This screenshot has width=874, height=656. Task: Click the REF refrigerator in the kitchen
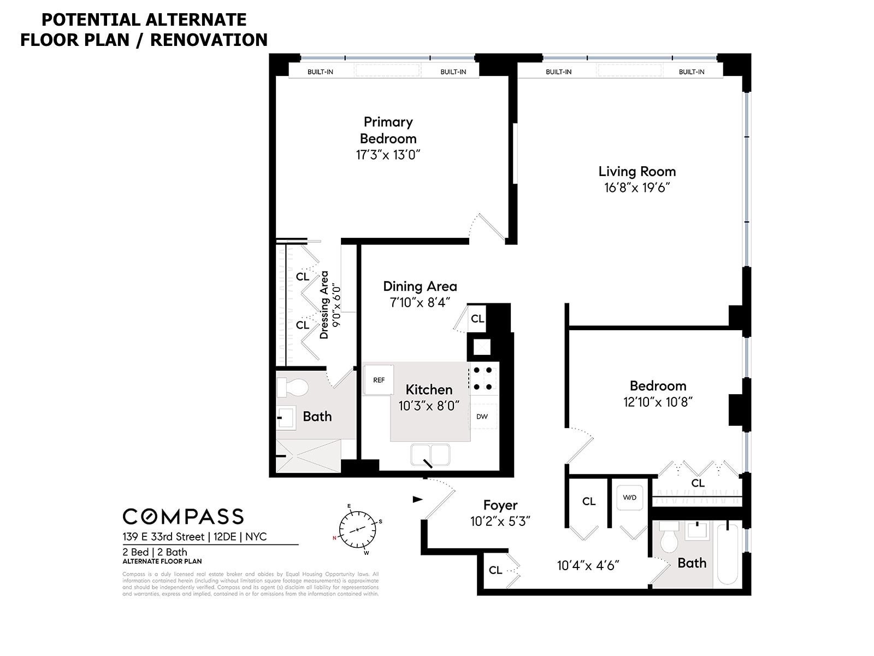point(379,380)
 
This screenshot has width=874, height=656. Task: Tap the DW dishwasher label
point(482,417)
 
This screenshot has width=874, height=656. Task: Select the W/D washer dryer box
point(629,497)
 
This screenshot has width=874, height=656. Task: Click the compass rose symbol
point(357,530)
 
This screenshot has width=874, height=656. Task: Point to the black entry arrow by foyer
point(417,499)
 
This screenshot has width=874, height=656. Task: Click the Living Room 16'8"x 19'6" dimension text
point(637,188)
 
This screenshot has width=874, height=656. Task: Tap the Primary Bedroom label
point(388,130)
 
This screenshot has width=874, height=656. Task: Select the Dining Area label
point(420,286)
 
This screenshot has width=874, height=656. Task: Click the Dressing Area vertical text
point(324,304)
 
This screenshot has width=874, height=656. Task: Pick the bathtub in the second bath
point(727,554)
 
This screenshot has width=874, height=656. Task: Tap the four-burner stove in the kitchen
point(483,378)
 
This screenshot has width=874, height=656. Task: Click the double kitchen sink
point(430,455)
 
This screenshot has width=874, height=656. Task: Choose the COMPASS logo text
point(183,517)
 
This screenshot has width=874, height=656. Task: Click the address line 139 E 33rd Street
point(163,537)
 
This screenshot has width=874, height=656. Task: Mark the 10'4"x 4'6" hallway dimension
point(588,566)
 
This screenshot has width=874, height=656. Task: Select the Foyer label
point(500,506)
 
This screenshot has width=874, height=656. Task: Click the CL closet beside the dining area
point(477,319)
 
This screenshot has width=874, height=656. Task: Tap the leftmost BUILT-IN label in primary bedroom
point(320,72)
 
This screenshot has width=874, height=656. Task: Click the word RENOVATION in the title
point(209,40)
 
